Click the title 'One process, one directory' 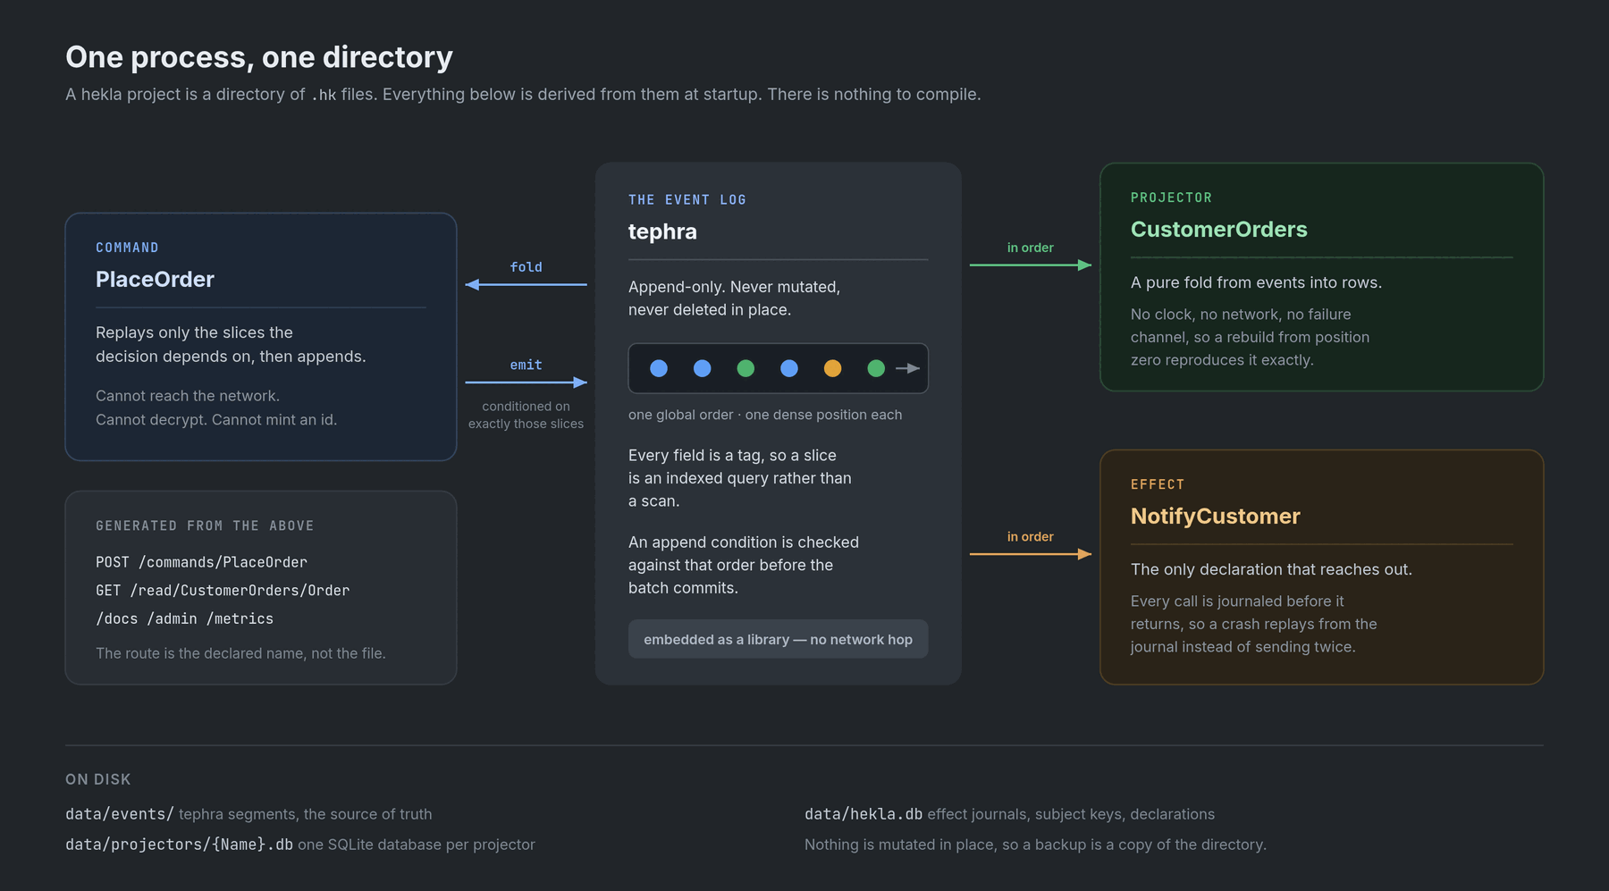point(259,57)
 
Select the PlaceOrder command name point(155,280)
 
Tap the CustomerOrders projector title point(1218,230)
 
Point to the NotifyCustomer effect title point(1215,517)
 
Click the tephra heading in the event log point(662,231)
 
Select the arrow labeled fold point(526,284)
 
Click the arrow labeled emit point(526,382)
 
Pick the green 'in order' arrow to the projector point(1030,265)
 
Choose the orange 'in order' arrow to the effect point(1030,554)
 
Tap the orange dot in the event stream point(832,368)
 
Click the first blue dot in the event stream point(659,368)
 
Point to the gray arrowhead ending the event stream point(914,368)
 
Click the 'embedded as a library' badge point(778,639)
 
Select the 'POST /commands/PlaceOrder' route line point(201,562)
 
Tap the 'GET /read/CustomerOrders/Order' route point(223,591)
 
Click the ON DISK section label point(98,779)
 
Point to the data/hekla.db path point(863,814)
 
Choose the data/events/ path point(120,814)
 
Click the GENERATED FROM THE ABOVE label point(205,525)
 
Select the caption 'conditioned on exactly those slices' point(526,415)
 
